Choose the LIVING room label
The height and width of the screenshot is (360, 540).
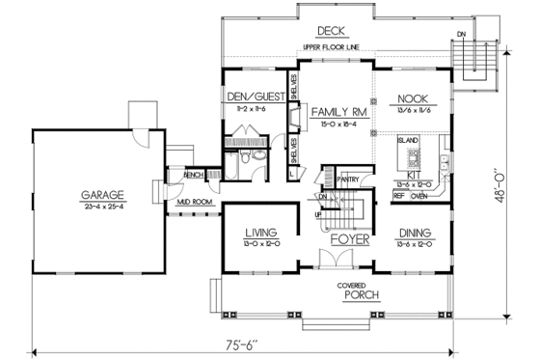pos(261,233)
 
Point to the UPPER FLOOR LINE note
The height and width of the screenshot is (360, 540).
pos(327,47)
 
